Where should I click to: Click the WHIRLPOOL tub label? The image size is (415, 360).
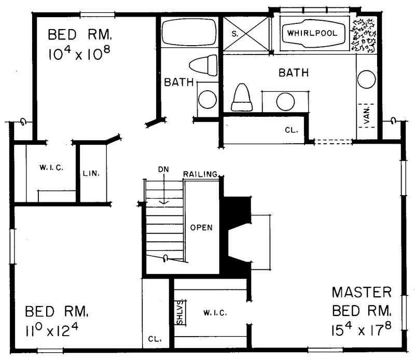(x=312, y=33)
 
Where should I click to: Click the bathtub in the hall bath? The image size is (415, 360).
(x=189, y=32)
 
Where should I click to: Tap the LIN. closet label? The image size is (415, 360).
(x=92, y=172)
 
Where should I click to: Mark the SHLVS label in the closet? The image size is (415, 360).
(x=179, y=312)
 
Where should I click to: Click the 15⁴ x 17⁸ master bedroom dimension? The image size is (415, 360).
(x=361, y=329)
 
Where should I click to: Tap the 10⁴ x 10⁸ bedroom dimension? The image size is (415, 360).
(x=80, y=54)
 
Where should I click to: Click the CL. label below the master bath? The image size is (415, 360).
(x=290, y=130)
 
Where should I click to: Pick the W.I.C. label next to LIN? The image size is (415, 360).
(x=50, y=168)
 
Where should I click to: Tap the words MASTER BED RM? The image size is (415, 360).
(x=362, y=301)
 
